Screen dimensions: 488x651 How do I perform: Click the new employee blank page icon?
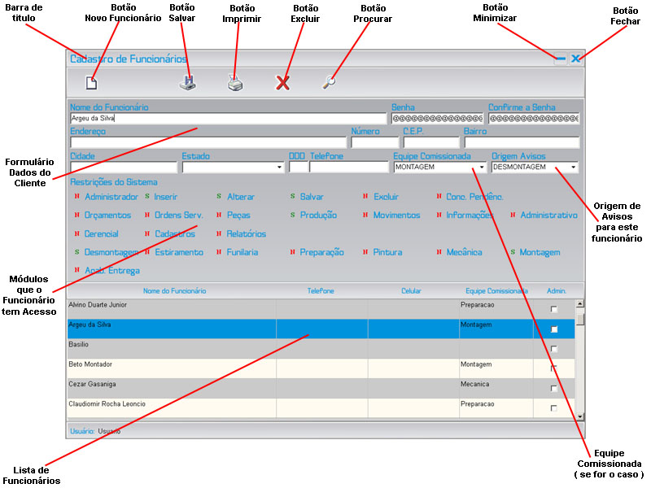(x=93, y=81)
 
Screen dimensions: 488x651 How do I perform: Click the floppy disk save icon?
(x=187, y=81)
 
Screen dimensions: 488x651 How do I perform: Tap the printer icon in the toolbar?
(x=234, y=82)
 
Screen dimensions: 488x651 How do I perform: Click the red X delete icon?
(x=282, y=82)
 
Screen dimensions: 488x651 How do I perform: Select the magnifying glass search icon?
(x=328, y=81)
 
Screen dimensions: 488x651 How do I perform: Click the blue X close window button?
(x=575, y=59)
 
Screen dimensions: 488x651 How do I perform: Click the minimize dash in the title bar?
(x=560, y=59)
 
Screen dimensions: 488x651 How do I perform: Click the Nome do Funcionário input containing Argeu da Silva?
(x=227, y=119)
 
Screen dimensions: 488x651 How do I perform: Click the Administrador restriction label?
(x=111, y=197)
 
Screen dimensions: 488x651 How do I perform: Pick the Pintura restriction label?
(x=387, y=253)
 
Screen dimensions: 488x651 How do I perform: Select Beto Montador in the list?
(x=91, y=364)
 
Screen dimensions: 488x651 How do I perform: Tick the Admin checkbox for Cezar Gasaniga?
(x=554, y=388)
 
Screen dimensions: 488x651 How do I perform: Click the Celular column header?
(x=412, y=290)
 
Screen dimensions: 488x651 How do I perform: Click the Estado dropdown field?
(x=232, y=167)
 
